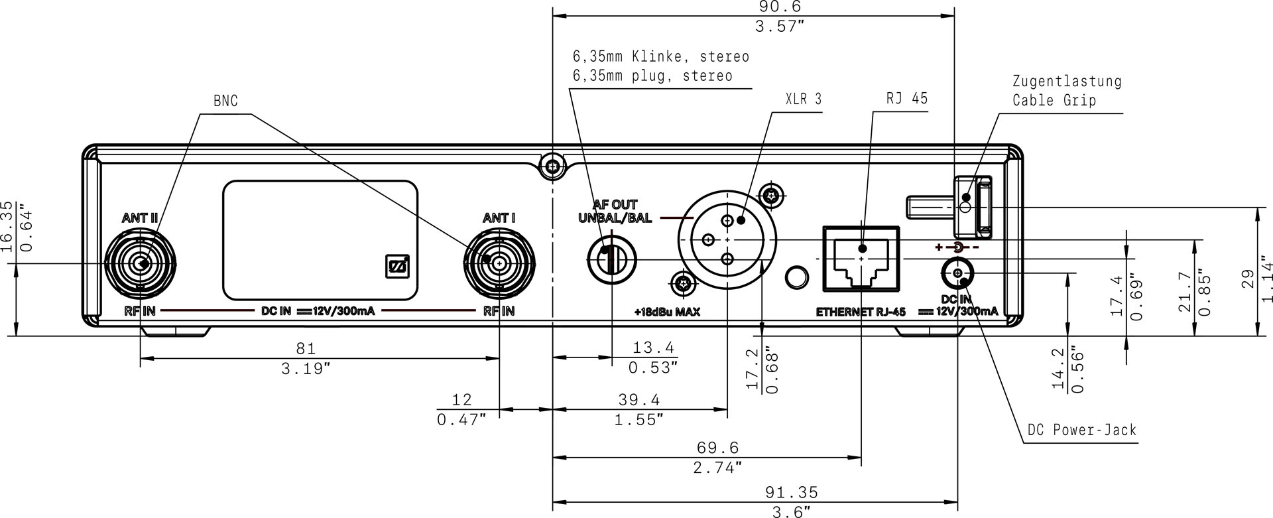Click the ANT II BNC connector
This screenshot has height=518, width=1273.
[x=141, y=264]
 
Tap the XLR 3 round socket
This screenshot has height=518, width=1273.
[x=727, y=239]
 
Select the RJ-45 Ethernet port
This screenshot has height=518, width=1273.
[x=861, y=258]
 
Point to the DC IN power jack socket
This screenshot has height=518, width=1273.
[x=957, y=273]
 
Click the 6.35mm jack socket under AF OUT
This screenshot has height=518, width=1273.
[x=611, y=259]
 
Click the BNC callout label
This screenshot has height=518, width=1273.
[x=225, y=101]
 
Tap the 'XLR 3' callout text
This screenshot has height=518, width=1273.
[x=803, y=99]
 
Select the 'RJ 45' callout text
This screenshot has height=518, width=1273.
[x=906, y=99]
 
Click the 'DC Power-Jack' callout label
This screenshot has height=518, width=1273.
[x=1081, y=430]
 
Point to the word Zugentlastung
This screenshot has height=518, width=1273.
[x=1067, y=82]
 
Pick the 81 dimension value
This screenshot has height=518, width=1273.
[x=306, y=348]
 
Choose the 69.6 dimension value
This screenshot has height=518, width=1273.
[x=717, y=448]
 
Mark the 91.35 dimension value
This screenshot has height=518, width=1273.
[x=792, y=493]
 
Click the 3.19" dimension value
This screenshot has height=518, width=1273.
[x=306, y=369]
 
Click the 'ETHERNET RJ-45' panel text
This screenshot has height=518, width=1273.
[x=861, y=312]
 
